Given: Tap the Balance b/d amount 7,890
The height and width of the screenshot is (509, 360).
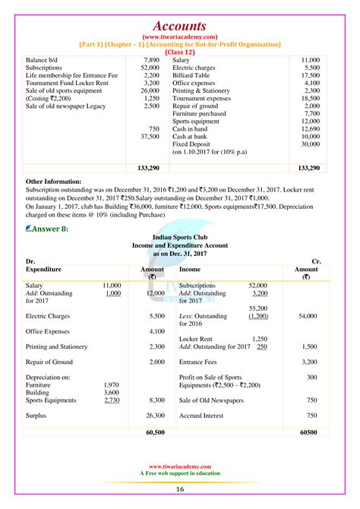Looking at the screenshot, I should [x=151, y=59].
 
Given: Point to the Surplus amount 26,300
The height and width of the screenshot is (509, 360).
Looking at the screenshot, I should [x=155, y=416].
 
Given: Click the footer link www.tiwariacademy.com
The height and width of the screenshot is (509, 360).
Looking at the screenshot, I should [x=180, y=467].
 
